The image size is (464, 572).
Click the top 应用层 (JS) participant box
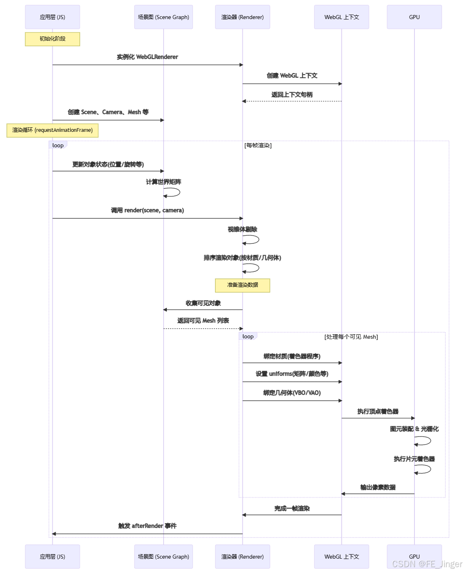[x=52, y=17]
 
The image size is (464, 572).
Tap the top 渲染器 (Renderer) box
[x=242, y=17]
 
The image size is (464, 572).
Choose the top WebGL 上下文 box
[x=341, y=17]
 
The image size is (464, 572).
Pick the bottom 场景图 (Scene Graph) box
[x=163, y=557]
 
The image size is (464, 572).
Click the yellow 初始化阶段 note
[x=52, y=39]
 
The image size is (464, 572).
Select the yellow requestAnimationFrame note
[x=52, y=130]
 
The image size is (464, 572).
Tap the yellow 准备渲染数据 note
[x=242, y=285]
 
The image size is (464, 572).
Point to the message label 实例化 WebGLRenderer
[x=147, y=57]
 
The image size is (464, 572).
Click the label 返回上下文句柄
[x=292, y=95]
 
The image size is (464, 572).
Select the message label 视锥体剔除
[x=242, y=230]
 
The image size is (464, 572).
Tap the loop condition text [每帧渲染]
[x=258, y=145]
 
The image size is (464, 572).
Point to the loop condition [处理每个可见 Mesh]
[x=351, y=337]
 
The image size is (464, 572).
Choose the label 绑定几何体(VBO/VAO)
[x=292, y=393]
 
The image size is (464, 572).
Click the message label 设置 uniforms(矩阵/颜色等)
[x=292, y=374]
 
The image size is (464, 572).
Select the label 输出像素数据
[x=378, y=487]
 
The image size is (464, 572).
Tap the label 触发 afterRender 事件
[x=147, y=526]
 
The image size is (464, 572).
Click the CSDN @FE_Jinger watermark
[x=427, y=564]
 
